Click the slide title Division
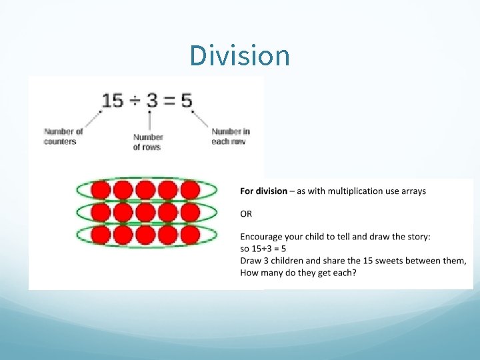click(239, 55)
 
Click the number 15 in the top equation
click(113, 101)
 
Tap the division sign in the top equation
click(134, 101)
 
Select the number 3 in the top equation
click(152, 101)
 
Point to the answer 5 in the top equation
click(186, 101)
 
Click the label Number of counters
click(63, 136)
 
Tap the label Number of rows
click(147, 142)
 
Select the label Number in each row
click(230, 136)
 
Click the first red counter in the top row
click(101, 191)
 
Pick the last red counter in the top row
click(190, 191)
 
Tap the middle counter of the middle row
click(146, 213)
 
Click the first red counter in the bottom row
click(101, 235)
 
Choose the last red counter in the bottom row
click(190, 235)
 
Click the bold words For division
click(264, 191)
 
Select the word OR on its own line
click(247, 215)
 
